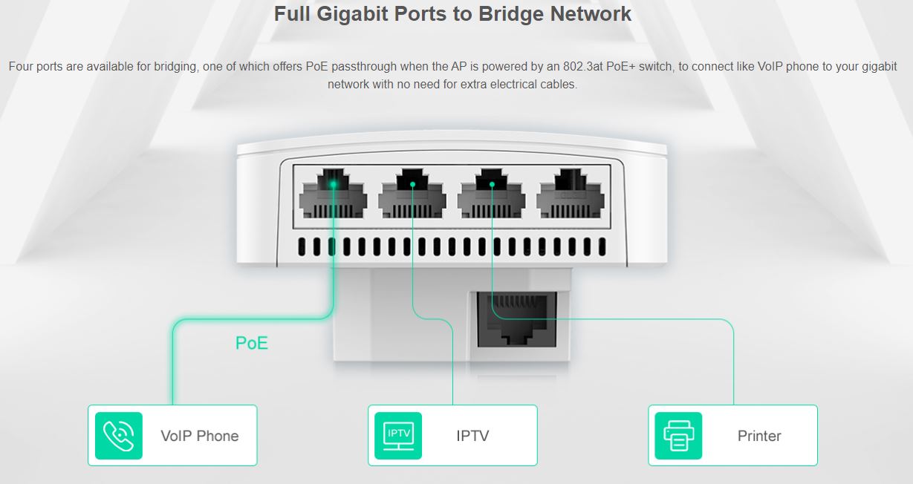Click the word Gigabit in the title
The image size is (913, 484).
click(x=351, y=14)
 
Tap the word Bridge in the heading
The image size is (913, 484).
click(x=510, y=13)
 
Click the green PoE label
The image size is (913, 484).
click(x=252, y=343)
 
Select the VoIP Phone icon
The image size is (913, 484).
click(x=119, y=436)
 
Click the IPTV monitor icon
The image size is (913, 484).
click(x=398, y=436)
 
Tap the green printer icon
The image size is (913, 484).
click(x=678, y=436)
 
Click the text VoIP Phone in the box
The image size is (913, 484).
click(x=200, y=436)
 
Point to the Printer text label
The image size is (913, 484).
click(x=759, y=436)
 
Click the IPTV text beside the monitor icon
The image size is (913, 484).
click(x=472, y=436)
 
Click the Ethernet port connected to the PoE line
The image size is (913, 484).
click(x=333, y=194)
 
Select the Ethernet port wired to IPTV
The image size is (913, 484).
click(x=412, y=194)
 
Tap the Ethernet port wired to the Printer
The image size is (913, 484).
click(x=492, y=194)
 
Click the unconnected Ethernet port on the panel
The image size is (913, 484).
click(x=571, y=194)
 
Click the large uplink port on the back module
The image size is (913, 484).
click(x=517, y=320)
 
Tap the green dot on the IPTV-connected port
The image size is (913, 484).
click(x=412, y=185)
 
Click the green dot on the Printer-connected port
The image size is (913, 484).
click(x=492, y=185)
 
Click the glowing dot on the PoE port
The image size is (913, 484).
click(x=333, y=185)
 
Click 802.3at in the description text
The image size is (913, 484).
click(x=583, y=66)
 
